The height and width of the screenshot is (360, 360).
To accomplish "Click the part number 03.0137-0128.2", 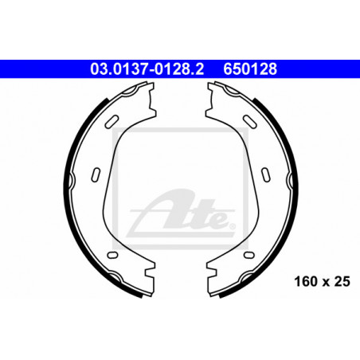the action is [147, 69].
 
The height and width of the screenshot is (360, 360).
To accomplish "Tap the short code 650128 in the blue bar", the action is [250, 69].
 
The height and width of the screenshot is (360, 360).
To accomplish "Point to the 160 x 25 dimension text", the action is [322, 282].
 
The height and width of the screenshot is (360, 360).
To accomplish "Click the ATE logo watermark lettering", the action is [182, 213].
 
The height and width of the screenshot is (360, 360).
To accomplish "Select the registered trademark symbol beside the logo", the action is [232, 226].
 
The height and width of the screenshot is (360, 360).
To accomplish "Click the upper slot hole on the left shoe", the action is [112, 121].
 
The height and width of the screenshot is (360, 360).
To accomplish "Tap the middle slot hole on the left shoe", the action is [96, 175].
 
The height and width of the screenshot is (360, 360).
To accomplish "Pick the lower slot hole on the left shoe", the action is [112, 255].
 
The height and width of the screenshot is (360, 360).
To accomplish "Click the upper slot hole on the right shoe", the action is [250, 121].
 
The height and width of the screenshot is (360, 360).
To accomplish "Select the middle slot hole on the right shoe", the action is [266, 175].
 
